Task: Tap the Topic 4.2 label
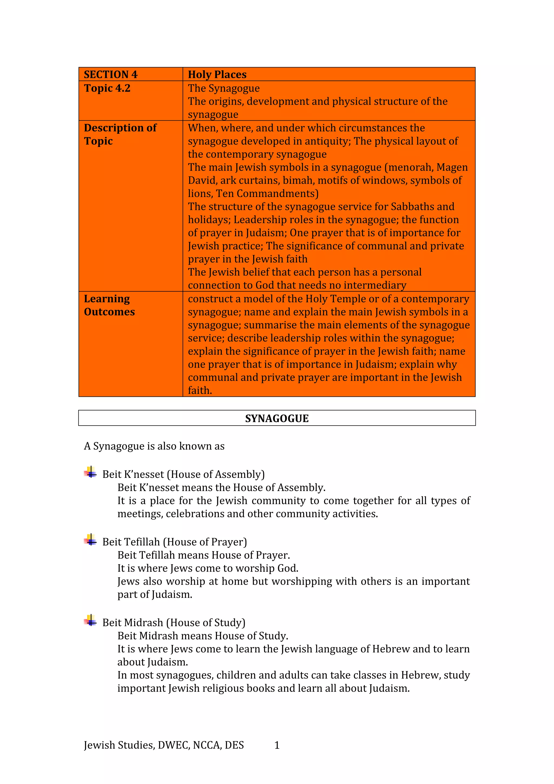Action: pyautogui.click(x=107, y=88)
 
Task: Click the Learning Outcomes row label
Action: pyautogui.click(x=109, y=305)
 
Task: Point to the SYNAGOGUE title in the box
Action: pyautogui.click(x=277, y=418)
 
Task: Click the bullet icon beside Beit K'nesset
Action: pyautogui.click(x=90, y=473)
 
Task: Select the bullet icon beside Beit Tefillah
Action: pyautogui.click(x=90, y=540)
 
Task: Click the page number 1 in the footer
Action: pyautogui.click(x=277, y=745)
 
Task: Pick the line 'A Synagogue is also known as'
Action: pyautogui.click(x=154, y=446)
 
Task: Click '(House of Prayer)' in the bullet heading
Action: pyautogui.click(x=205, y=542)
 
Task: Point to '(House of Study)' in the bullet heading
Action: pyautogui.click(x=206, y=622)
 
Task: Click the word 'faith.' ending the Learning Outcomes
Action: pyautogui.click(x=200, y=390)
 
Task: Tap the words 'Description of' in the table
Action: pyautogui.click(x=120, y=128)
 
